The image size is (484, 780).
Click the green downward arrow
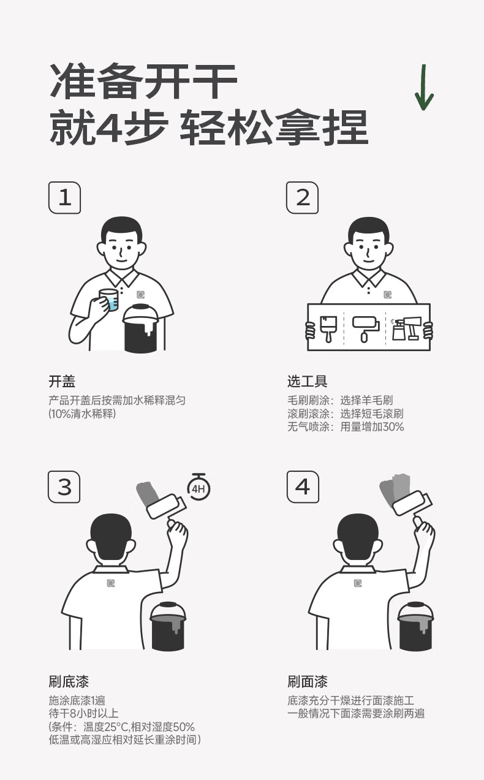coord(424,88)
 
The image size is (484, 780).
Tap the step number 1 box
coord(64,197)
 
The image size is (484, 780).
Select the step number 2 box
coord(302,197)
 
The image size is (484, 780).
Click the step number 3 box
coord(64,487)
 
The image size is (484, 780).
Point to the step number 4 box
coord(303,487)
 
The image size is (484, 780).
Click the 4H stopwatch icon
coord(199,488)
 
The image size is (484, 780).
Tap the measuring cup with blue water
coord(109,300)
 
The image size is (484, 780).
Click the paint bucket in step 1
coord(141,328)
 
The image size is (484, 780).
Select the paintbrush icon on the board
coord(328,329)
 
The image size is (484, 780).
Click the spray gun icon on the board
coord(406,328)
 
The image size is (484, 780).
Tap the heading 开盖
coord(62,382)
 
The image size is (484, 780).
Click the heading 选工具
coord(308,382)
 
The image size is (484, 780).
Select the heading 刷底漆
coord(69,681)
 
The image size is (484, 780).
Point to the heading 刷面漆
coord(308,681)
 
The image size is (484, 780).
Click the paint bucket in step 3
coord(167,626)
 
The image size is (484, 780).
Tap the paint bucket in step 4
coord(416,626)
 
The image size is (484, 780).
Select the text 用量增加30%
coord(372,426)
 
